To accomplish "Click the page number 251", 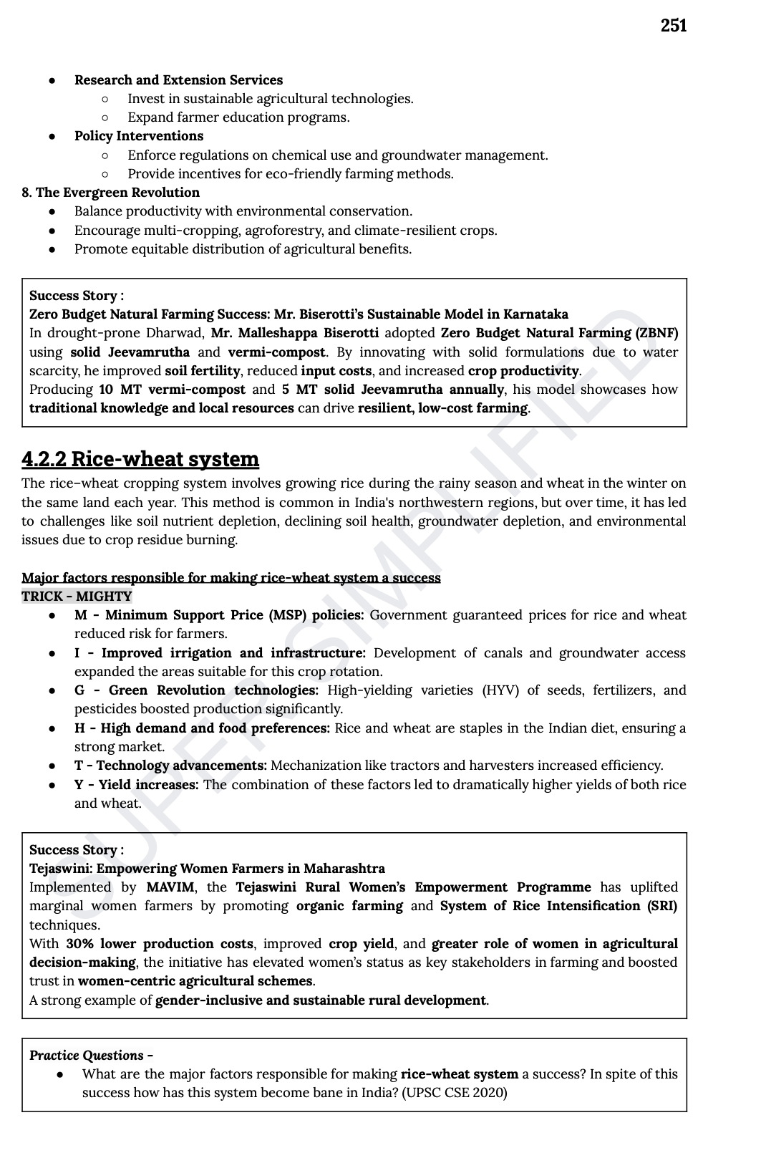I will (x=673, y=26).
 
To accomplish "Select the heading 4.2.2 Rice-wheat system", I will (x=140, y=459).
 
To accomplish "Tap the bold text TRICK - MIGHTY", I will (x=77, y=597).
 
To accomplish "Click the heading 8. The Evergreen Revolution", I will (x=111, y=193).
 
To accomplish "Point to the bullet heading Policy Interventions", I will (x=139, y=136).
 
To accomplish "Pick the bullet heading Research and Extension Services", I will (x=178, y=80).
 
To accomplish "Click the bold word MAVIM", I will (x=170, y=887).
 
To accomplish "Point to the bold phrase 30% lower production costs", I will (x=160, y=944).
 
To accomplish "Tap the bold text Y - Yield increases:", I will (x=136, y=785).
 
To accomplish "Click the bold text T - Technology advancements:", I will (x=170, y=766).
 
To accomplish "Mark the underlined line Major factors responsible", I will (x=231, y=578).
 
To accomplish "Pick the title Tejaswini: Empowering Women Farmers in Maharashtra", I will (x=207, y=869).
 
